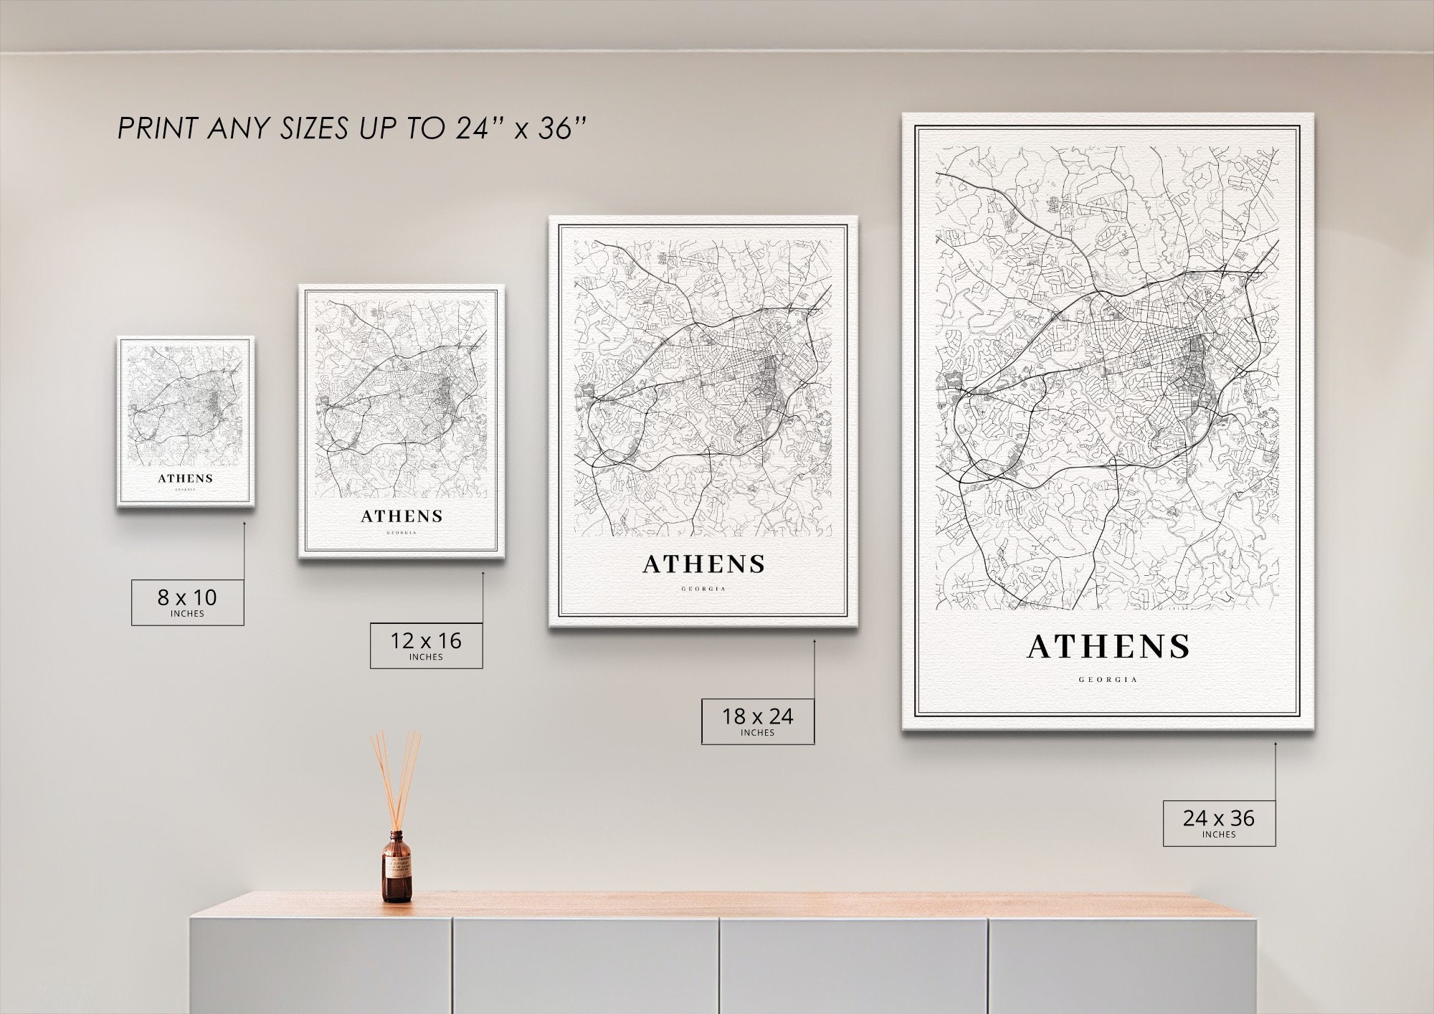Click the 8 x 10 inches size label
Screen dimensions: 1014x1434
click(187, 602)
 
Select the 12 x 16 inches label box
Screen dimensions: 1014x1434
click(426, 645)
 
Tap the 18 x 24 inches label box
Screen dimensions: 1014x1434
click(757, 721)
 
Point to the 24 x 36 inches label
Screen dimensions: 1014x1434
click(1219, 823)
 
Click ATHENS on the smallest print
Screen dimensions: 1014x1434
click(186, 478)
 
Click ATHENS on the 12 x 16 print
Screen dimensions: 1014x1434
click(402, 516)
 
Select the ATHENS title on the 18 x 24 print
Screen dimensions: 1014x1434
click(703, 564)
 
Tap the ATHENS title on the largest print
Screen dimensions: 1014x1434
click(1108, 647)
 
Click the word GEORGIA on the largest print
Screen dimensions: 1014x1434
click(1108, 679)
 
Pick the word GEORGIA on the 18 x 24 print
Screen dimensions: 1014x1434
click(703, 589)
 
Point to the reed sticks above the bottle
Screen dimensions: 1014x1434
click(397, 778)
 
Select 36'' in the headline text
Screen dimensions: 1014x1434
click(561, 129)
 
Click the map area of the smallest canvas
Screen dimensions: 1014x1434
click(185, 405)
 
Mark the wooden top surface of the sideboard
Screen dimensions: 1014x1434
click(717, 904)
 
